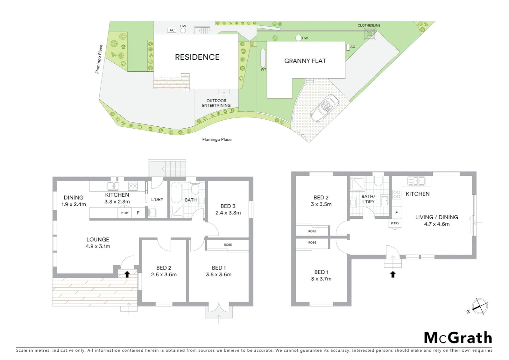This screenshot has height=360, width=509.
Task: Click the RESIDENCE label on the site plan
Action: click(197, 57)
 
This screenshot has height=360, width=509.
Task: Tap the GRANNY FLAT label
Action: click(305, 61)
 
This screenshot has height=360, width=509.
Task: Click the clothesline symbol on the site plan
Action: click(370, 34)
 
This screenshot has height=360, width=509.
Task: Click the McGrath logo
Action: click(458, 338)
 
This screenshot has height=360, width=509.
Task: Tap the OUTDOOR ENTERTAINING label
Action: click(216, 103)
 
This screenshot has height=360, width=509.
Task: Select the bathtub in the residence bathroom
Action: click(176, 193)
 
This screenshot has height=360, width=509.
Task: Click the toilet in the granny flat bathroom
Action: click(378, 182)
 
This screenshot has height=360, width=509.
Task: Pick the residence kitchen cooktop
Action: click(133, 186)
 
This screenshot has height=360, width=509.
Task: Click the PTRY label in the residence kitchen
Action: click(125, 213)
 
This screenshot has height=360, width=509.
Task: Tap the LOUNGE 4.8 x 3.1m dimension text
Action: click(98, 246)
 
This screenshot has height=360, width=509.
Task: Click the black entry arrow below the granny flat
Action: click(393, 274)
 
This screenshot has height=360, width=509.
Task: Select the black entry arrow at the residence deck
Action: click(127, 274)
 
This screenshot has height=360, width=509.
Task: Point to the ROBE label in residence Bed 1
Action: click(228, 245)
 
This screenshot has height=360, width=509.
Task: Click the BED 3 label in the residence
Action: click(228, 206)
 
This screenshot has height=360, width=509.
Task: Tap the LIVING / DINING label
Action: click(436, 217)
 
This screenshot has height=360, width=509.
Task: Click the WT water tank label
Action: click(263, 69)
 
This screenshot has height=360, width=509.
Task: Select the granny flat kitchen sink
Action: click(417, 181)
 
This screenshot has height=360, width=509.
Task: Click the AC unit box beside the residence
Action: click(172, 30)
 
